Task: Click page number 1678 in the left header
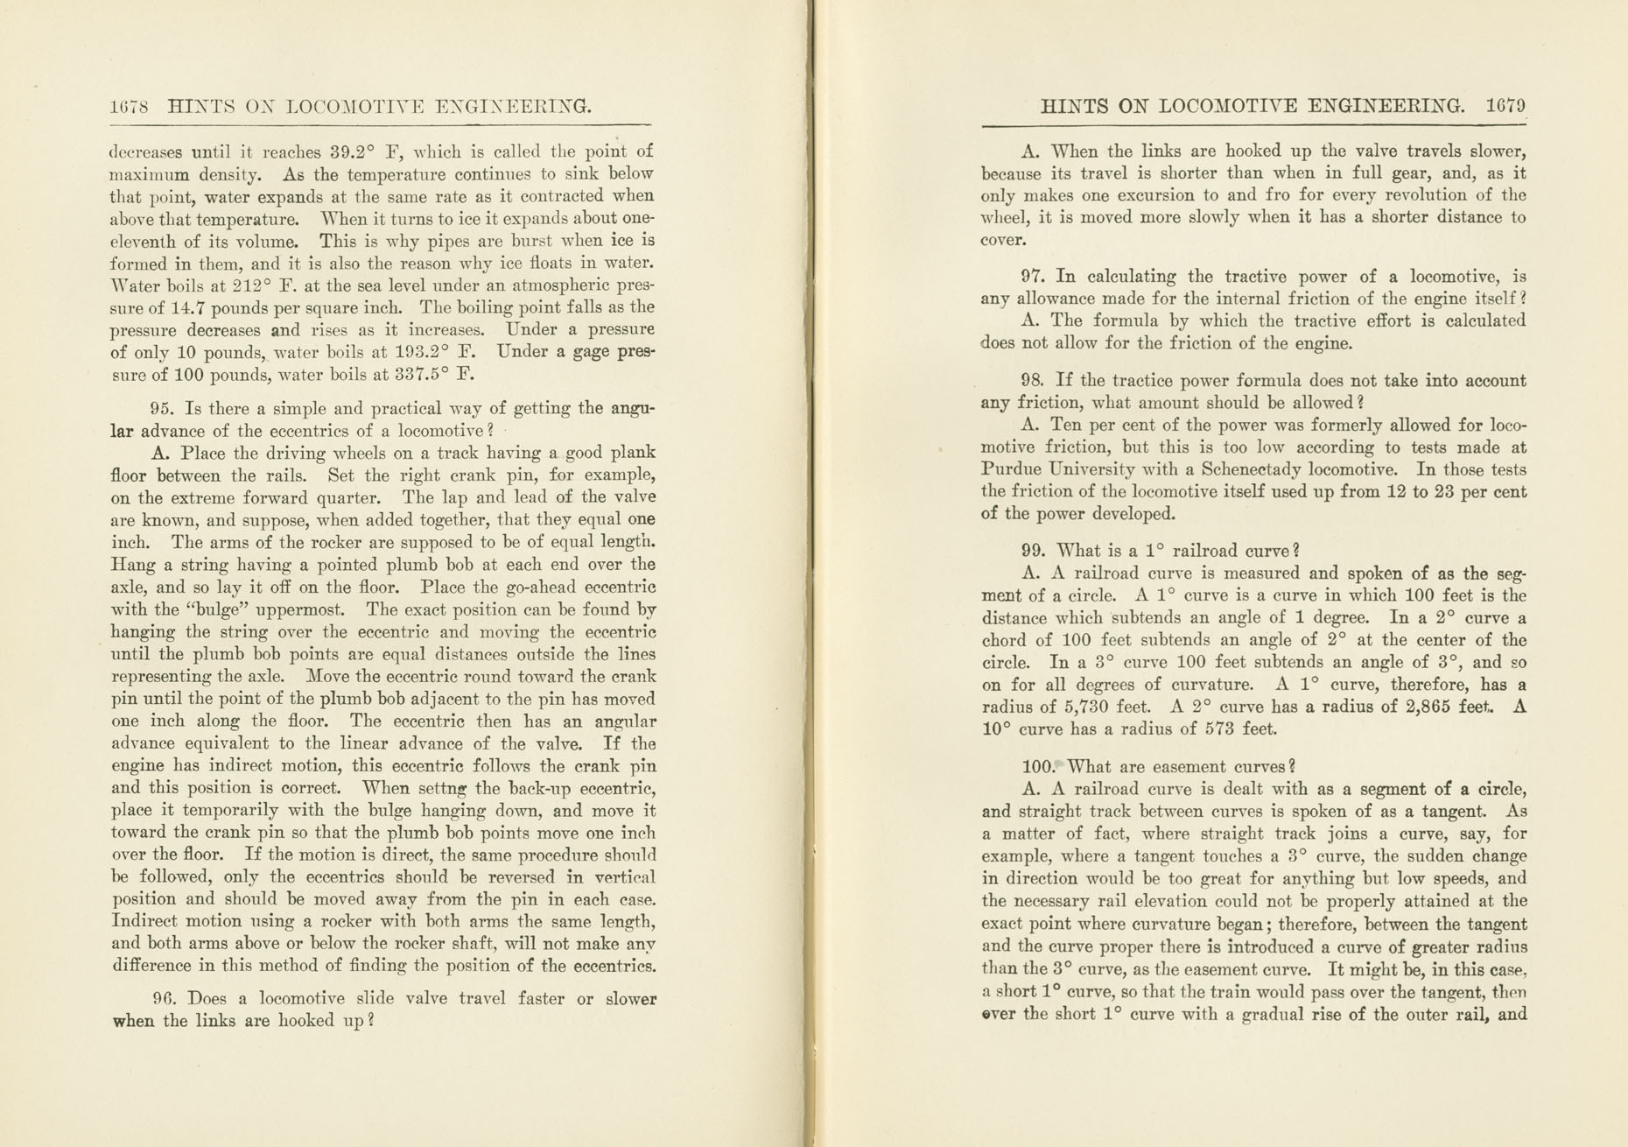point(130,108)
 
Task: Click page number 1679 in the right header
point(1505,106)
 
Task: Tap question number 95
point(160,409)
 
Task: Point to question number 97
point(1034,277)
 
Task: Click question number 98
point(1034,381)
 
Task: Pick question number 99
point(1034,551)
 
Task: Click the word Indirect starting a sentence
point(144,922)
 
